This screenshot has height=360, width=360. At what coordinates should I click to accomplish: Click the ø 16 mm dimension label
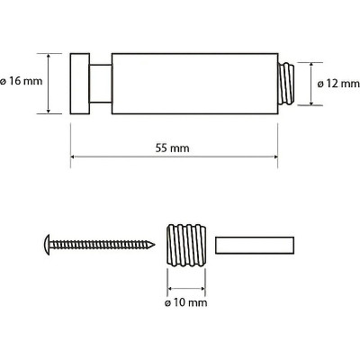pos(21,81)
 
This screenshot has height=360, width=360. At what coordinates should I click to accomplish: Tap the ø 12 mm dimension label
pos(338,84)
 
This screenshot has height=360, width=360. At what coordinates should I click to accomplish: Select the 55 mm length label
pos(172,148)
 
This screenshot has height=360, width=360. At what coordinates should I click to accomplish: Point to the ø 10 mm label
pos(186,302)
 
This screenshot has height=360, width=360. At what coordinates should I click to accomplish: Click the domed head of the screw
pos(47,245)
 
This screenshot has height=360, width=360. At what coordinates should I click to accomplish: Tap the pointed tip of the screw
pos(154,245)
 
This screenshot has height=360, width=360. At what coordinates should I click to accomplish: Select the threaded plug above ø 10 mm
pos(186,245)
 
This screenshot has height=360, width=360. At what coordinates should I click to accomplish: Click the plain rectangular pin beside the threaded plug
pos(255,245)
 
